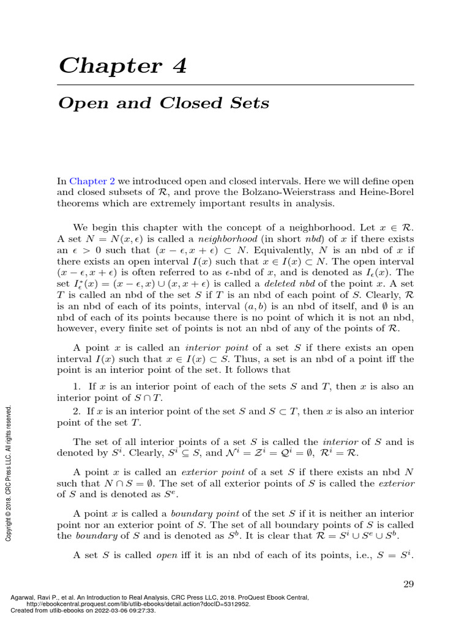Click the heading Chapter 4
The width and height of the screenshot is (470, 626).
click(122, 65)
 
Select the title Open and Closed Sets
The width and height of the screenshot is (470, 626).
click(163, 103)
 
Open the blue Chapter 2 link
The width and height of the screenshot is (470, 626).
click(88, 181)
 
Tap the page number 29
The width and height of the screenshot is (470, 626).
click(409, 584)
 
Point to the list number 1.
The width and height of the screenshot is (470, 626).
click(76, 386)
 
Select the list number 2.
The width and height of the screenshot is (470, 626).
click(76, 412)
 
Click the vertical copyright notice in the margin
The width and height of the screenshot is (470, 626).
click(9, 471)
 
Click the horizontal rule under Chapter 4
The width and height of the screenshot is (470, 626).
click(236, 84)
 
